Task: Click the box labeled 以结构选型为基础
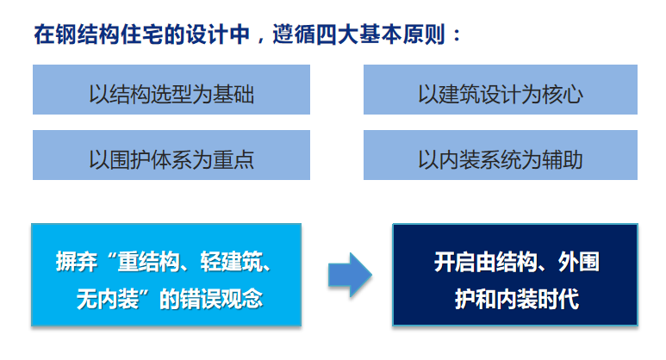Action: coord(171,90)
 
